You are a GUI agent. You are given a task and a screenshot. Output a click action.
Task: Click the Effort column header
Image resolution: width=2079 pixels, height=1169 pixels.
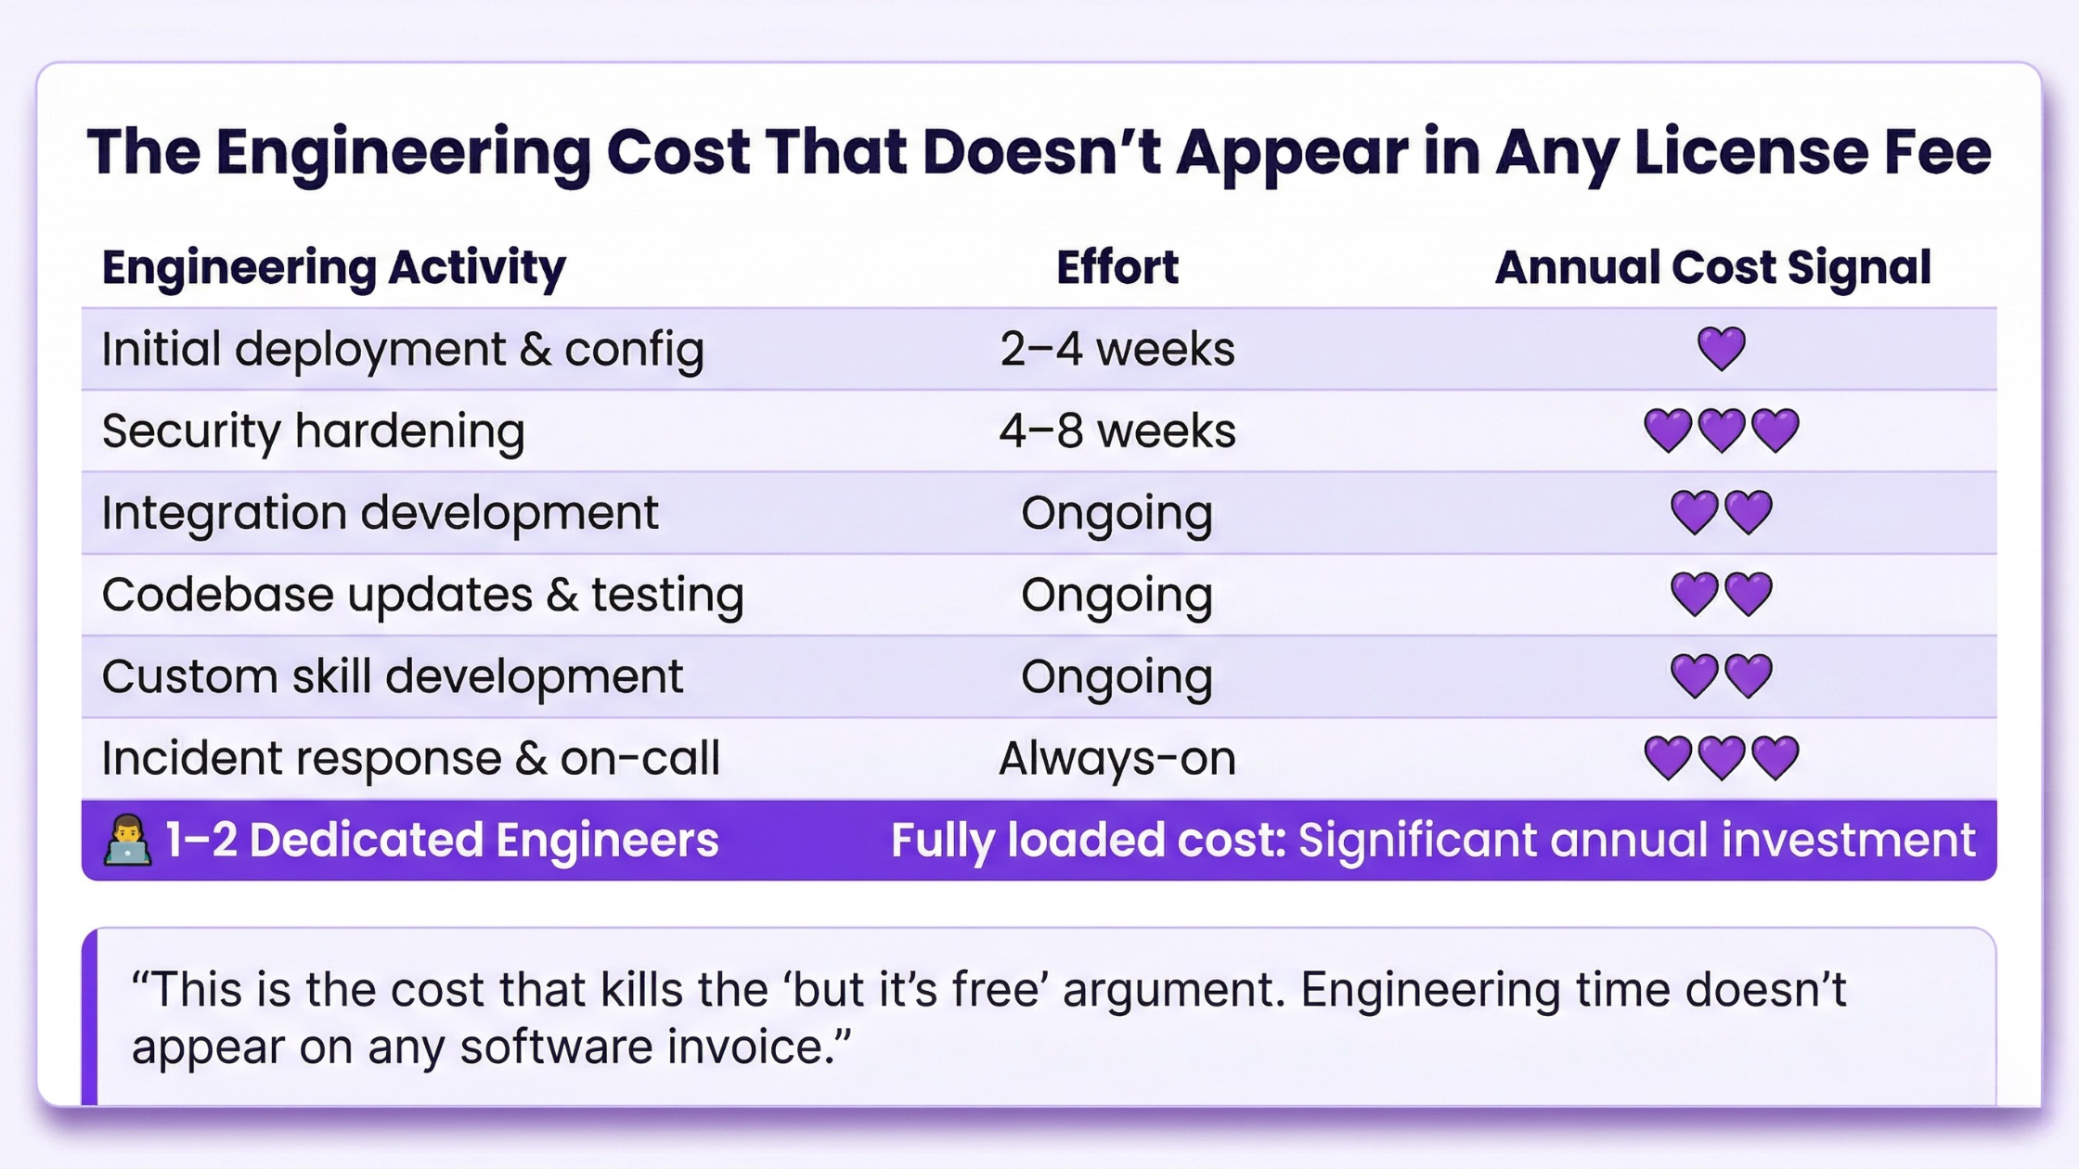pyautogui.click(x=1117, y=267)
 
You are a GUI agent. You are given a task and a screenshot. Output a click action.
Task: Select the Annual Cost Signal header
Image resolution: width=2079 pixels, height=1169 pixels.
pyautogui.click(x=1713, y=268)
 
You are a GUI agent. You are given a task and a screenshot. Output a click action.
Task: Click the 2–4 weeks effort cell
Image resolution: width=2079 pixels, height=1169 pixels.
pyautogui.click(x=1117, y=350)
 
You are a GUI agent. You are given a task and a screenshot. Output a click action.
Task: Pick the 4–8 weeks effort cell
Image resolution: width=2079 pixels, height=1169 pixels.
pyautogui.click(x=1117, y=431)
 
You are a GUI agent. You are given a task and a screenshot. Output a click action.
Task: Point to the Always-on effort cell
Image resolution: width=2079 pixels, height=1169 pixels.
pyautogui.click(x=1117, y=759)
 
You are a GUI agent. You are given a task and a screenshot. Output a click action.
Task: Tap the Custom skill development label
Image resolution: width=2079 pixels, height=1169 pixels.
pyautogui.click(x=393, y=676)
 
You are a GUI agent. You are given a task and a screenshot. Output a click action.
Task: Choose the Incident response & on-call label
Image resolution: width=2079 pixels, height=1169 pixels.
pyautogui.click(x=411, y=759)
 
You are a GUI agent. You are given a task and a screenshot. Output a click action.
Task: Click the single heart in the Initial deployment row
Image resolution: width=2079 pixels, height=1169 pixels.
pyautogui.click(x=1722, y=349)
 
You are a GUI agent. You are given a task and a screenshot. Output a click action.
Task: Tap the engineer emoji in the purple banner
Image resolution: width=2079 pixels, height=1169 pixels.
pyautogui.click(x=128, y=841)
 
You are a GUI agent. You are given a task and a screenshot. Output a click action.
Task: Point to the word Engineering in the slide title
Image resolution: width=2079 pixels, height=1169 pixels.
pyautogui.click(x=404, y=154)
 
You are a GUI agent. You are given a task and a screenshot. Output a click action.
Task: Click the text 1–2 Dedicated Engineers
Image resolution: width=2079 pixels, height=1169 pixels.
pyautogui.click(x=442, y=841)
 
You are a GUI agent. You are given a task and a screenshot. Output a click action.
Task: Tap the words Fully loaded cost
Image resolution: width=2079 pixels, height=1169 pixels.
pyautogui.click(x=1089, y=841)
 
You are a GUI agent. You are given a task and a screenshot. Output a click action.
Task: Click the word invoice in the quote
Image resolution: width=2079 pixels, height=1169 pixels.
pyautogui.click(x=760, y=1047)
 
